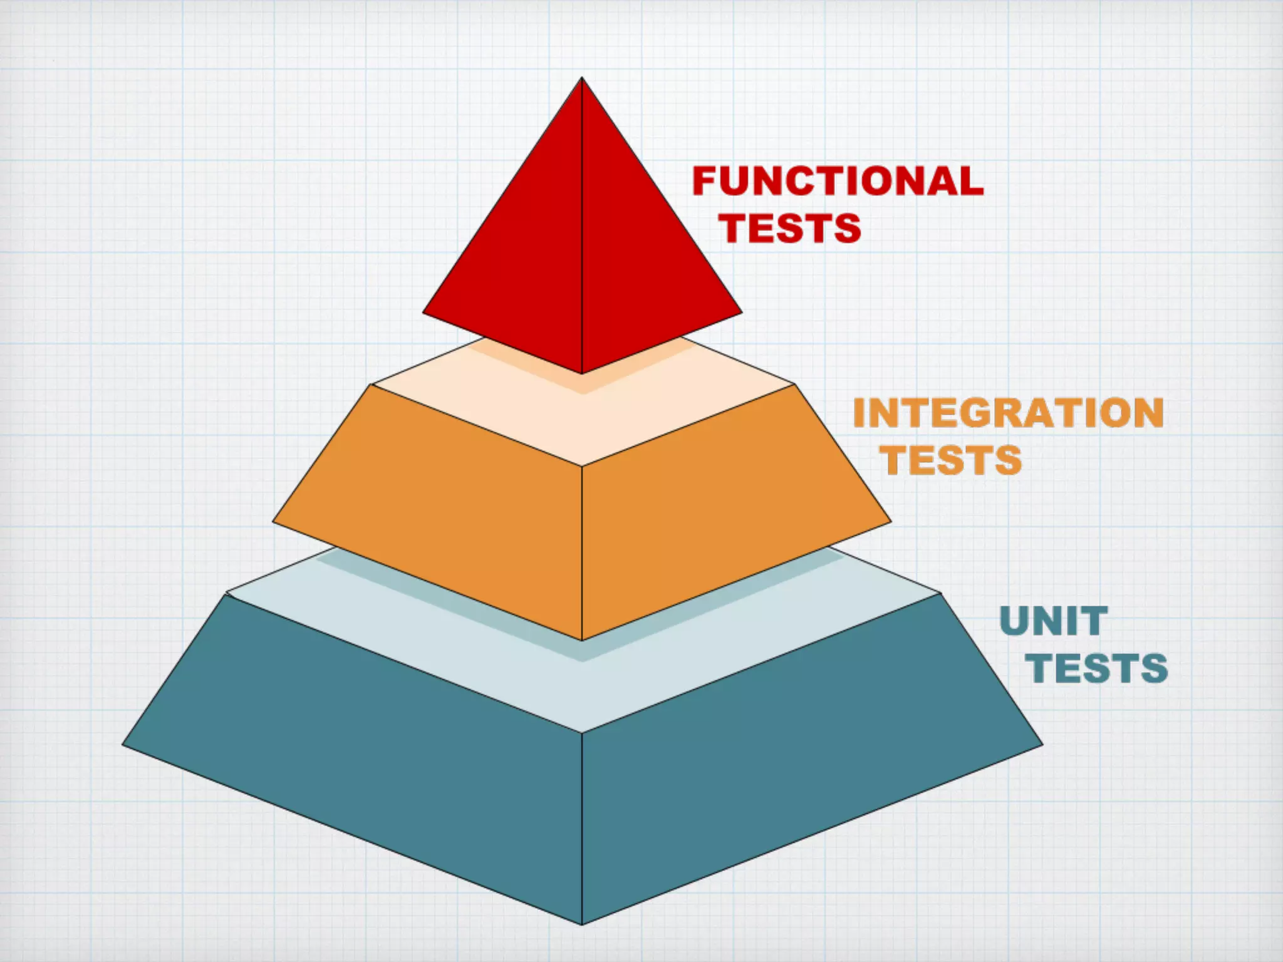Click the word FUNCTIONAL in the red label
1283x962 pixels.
[838, 181]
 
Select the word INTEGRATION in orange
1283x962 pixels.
[1008, 413]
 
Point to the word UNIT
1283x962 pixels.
[1054, 621]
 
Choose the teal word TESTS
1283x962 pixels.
[1096, 668]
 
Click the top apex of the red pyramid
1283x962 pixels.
[582, 78]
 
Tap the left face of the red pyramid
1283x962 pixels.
[520, 263]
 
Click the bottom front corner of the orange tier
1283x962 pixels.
[582, 639]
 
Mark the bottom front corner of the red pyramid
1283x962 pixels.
[582, 373]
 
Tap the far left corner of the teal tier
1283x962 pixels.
[123, 744]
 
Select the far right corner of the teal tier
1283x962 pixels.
[1042, 744]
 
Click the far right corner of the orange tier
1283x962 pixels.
[890, 521]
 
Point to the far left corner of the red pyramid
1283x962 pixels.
[424, 311]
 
